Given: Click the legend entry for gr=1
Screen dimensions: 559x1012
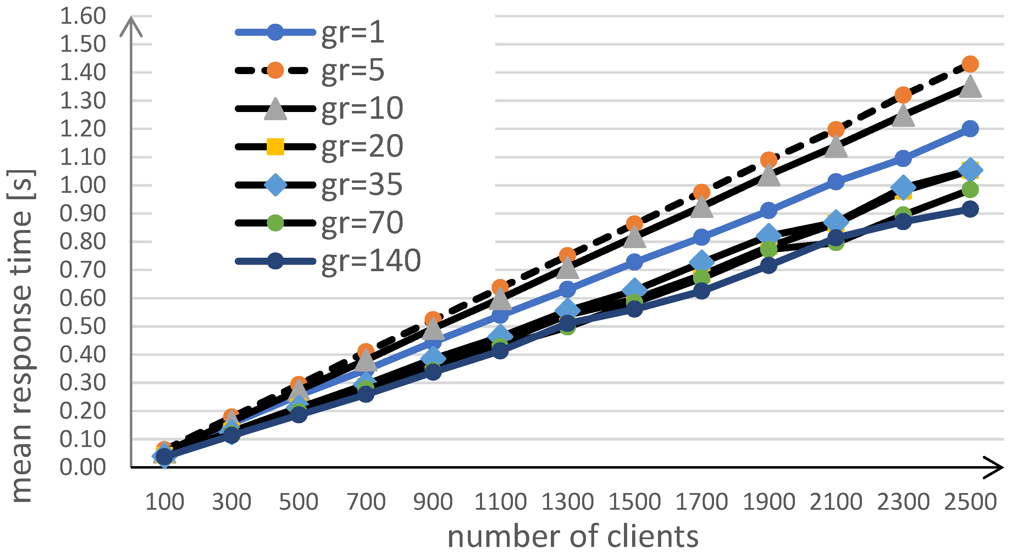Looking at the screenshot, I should [352, 33].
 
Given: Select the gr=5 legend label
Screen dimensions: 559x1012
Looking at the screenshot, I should [352, 71].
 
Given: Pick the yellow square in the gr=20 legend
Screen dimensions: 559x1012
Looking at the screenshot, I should [275, 147].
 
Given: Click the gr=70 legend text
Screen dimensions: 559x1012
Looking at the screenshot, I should [362, 223].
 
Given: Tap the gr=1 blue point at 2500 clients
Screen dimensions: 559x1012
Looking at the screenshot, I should [970, 129].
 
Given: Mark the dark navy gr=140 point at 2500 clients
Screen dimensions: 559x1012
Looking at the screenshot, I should [970, 209].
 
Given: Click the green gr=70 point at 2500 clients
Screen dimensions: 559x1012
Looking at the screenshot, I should [970, 190].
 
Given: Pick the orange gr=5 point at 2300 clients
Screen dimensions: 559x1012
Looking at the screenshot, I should [903, 95].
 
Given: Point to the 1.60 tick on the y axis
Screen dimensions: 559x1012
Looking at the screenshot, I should [83, 17].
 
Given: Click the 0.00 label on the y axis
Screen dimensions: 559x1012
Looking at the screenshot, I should [83, 468].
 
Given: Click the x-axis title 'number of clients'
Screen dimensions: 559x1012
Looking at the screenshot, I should [573, 537].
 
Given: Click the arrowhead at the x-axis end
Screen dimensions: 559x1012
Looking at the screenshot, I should [994, 468].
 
